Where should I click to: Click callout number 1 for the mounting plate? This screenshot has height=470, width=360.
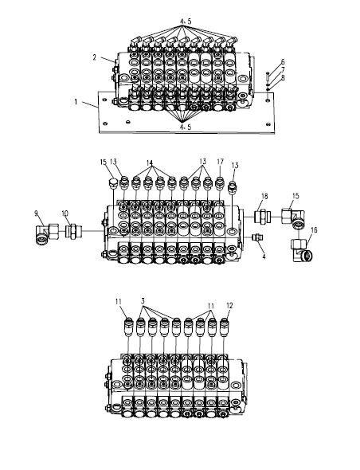pos(76,102)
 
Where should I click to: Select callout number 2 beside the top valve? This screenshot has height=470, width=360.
pos(95,57)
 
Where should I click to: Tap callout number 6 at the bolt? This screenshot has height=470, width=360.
pos(283,62)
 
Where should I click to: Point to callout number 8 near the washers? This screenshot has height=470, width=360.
pos(283,77)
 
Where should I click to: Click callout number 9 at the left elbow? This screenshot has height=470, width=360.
pos(37,213)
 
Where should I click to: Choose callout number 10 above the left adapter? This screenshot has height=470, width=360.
pos(65,213)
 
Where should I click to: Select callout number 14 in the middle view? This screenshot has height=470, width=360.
pos(150,163)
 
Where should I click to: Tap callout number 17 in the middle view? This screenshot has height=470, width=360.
pos(221,162)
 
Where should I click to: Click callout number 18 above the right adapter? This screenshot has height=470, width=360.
pos(264,196)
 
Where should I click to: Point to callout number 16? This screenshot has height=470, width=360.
pos(314,230)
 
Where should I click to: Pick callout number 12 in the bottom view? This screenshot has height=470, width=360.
pos(229,305)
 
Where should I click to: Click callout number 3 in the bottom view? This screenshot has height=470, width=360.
pos(143,300)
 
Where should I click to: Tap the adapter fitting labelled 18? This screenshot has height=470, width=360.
pos(263,217)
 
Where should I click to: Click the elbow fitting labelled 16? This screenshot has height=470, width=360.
pos(301,250)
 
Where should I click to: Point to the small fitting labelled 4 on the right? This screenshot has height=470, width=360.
pos(257,237)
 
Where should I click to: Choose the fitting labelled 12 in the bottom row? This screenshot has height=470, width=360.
pos(224,327)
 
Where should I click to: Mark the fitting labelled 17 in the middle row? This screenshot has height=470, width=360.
pos(220,184)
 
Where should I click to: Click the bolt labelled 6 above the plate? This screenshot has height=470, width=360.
pos(268,76)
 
